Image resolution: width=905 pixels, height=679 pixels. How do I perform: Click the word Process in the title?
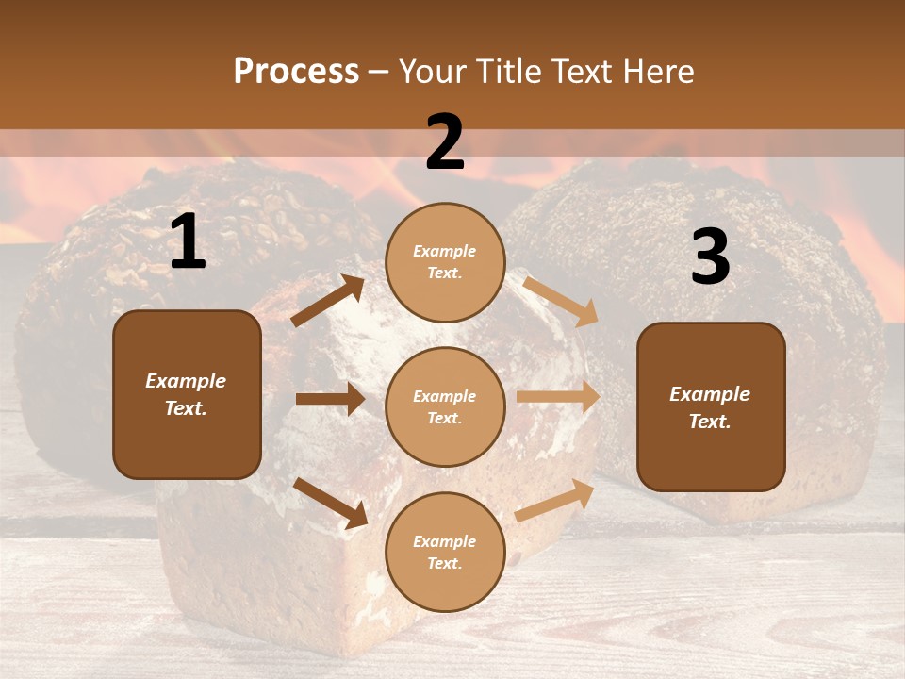point(296,72)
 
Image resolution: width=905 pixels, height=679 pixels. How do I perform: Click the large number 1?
point(188,243)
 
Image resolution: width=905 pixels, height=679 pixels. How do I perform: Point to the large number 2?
point(445,142)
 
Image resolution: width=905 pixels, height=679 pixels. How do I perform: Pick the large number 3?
point(710,257)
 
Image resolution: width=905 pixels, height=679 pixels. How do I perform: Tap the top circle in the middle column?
point(445,262)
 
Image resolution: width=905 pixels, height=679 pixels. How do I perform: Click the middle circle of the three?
point(445,406)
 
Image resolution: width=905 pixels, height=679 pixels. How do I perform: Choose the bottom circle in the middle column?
point(445,552)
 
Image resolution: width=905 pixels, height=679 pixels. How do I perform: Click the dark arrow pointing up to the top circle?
point(328,301)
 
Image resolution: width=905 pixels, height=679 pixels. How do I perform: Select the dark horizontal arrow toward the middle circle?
point(330,399)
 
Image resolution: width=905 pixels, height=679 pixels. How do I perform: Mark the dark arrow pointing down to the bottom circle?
point(331,503)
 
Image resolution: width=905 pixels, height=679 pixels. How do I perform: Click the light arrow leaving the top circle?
point(561,301)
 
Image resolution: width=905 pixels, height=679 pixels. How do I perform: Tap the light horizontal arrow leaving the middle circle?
point(557,396)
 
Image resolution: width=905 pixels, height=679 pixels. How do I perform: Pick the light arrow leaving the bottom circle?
point(555,500)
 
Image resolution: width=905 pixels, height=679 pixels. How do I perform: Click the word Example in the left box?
point(186,381)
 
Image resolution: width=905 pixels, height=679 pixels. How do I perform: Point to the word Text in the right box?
point(710,422)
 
